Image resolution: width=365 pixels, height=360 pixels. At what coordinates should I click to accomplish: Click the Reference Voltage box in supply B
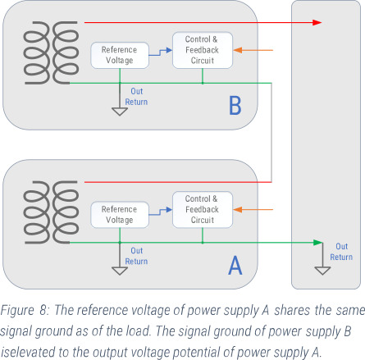click(x=119, y=55)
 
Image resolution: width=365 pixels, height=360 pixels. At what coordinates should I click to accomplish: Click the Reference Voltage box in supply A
click(x=119, y=214)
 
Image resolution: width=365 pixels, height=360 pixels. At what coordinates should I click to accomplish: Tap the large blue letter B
click(x=235, y=107)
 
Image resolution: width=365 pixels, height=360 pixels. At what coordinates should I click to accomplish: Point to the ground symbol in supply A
click(x=120, y=267)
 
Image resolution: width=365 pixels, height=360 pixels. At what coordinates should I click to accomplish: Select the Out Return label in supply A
click(x=136, y=256)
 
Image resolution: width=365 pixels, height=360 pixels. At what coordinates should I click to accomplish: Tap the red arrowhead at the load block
click(x=311, y=22)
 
